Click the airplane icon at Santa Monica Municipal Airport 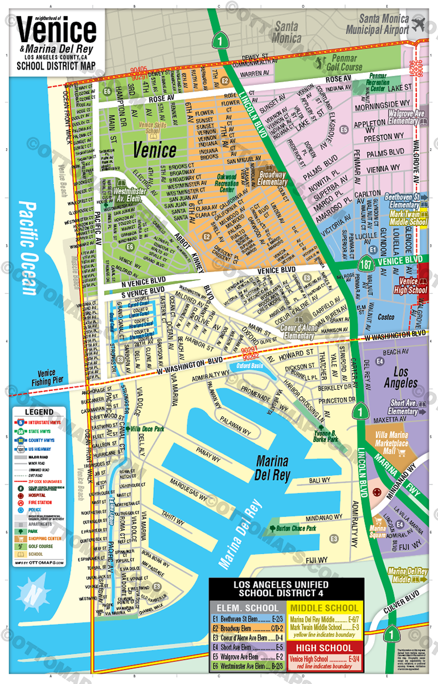419,25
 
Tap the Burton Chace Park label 296,529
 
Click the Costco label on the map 386,317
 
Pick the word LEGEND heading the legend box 39,412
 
